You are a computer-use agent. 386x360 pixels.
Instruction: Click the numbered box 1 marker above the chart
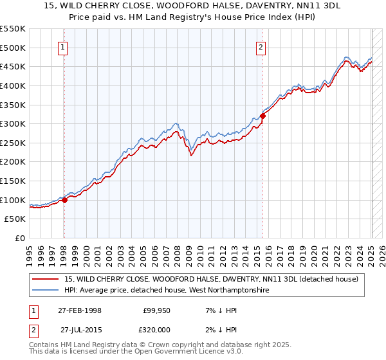tap(64, 46)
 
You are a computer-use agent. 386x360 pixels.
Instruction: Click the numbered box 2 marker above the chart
tap(262, 46)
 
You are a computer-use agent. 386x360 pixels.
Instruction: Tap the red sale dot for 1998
tap(64, 200)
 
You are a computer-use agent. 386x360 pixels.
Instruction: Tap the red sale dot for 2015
tap(262, 116)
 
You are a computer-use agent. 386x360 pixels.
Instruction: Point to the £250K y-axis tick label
tap(13, 143)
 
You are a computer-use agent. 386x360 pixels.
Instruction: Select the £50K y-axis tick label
tap(15, 219)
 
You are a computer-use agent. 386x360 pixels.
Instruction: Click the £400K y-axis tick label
tap(13, 85)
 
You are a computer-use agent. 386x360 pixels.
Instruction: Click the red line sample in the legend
tap(46, 279)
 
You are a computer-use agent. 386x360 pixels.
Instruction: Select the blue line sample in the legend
tap(46, 291)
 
